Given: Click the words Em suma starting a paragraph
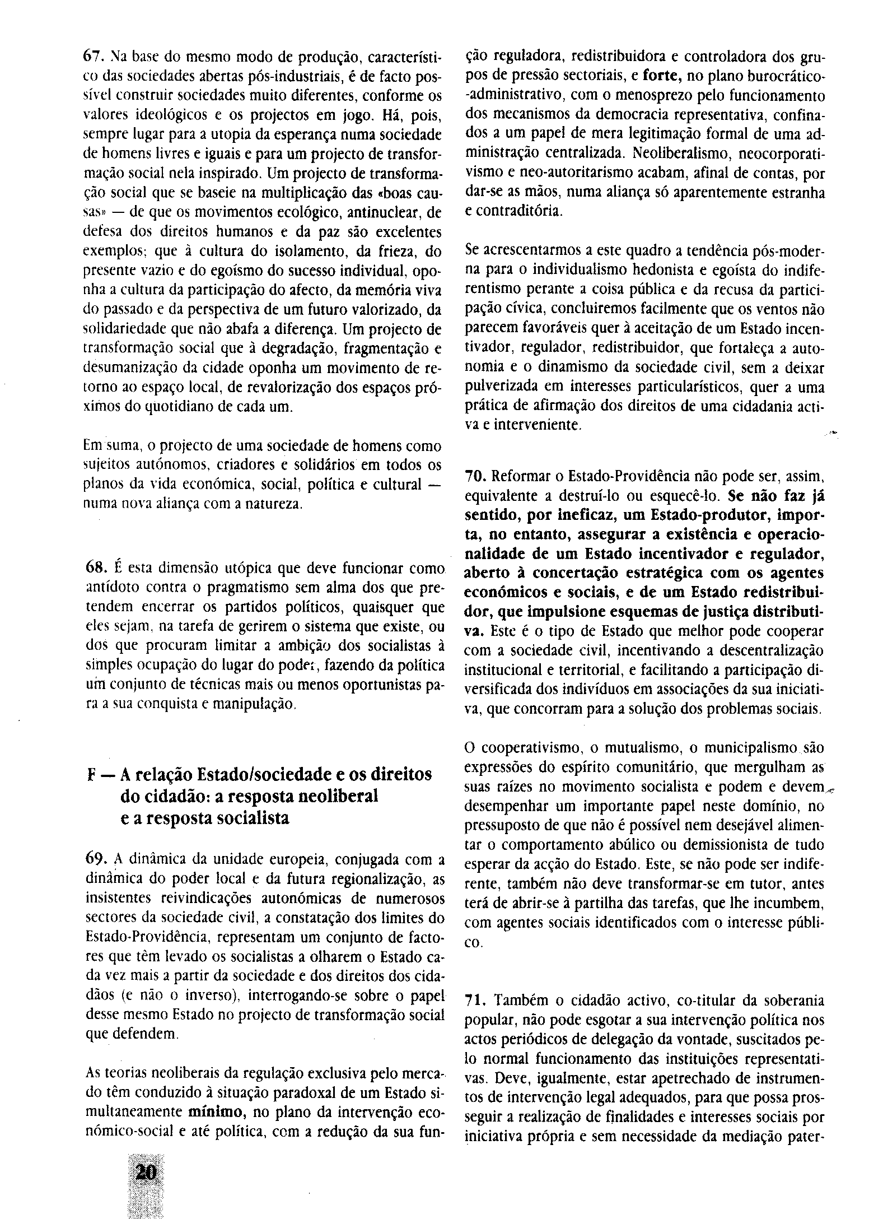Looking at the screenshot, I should pos(104,446).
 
